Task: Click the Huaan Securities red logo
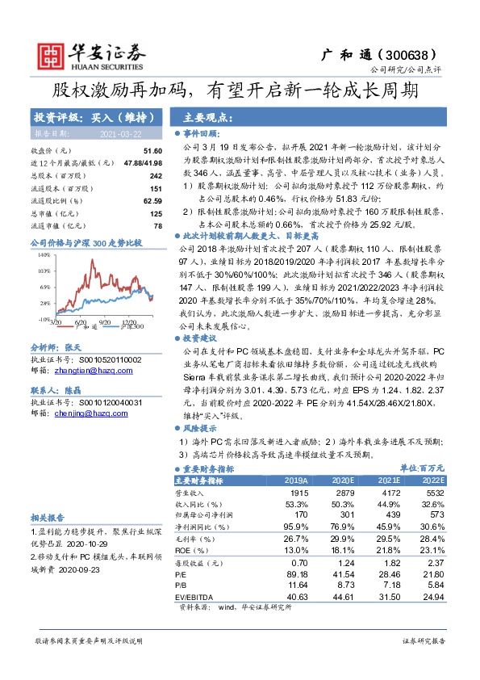[x=50, y=55]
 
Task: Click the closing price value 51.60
[x=152, y=151]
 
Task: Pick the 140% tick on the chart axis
[x=44, y=254]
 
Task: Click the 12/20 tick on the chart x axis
[x=128, y=322]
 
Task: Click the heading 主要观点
[x=208, y=116]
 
